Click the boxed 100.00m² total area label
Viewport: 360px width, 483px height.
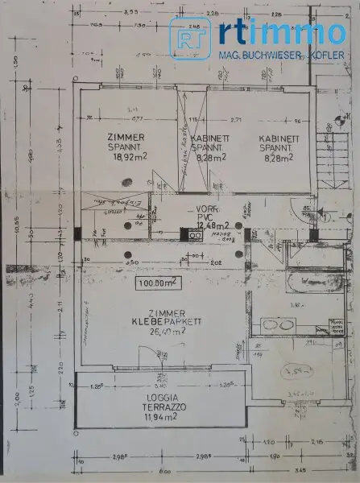coord(159,283)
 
